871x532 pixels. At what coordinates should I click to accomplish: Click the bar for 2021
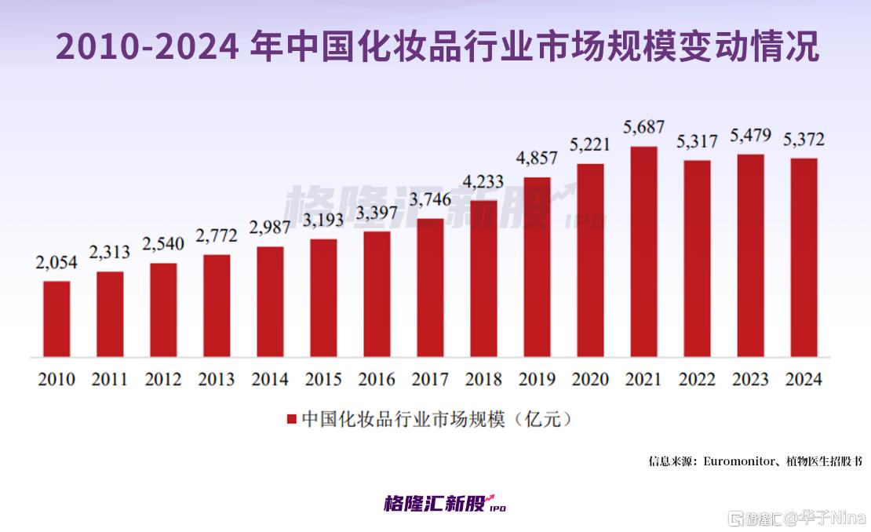[643, 251]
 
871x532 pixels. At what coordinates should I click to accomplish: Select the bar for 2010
[56, 319]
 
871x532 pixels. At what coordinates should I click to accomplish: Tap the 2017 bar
[430, 287]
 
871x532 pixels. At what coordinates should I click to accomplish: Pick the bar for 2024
[804, 257]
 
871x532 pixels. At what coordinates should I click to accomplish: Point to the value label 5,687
[643, 126]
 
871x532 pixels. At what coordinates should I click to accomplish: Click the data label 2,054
[56, 262]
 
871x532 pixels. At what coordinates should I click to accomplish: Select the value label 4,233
[483, 181]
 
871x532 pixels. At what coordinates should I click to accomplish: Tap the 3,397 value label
[377, 213]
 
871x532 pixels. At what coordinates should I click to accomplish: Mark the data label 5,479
[750, 135]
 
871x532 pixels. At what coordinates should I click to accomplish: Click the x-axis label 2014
[270, 380]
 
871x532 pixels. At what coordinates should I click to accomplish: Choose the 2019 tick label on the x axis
[537, 380]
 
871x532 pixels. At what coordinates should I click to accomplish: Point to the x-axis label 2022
[697, 380]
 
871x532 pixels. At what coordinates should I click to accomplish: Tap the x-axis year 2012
[163, 380]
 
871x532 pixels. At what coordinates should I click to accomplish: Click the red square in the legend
[292, 420]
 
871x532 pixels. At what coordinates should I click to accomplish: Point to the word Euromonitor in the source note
[738, 461]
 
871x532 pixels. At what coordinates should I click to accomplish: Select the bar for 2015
[323, 297]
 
